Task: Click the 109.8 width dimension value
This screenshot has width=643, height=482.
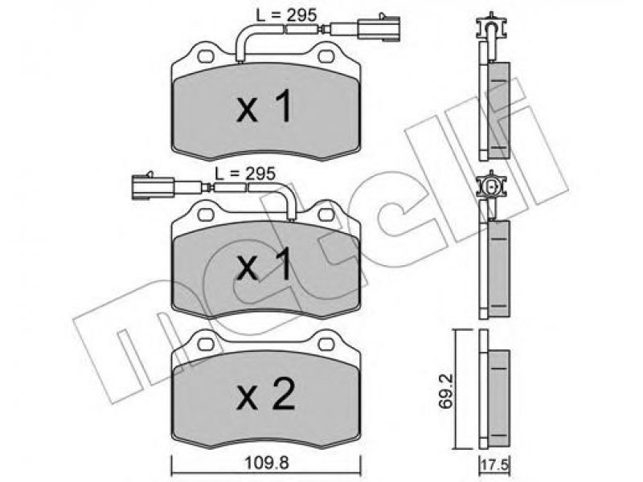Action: pyautogui.click(x=267, y=464)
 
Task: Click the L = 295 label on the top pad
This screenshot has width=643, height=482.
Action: pyautogui.click(x=287, y=15)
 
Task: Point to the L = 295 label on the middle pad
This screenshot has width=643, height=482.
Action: pyautogui.click(x=245, y=174)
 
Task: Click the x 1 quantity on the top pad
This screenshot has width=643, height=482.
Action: pyautogui.click(x=264, y=107)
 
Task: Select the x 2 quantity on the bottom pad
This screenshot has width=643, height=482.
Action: pyautogui.click(x=265, y=394)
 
